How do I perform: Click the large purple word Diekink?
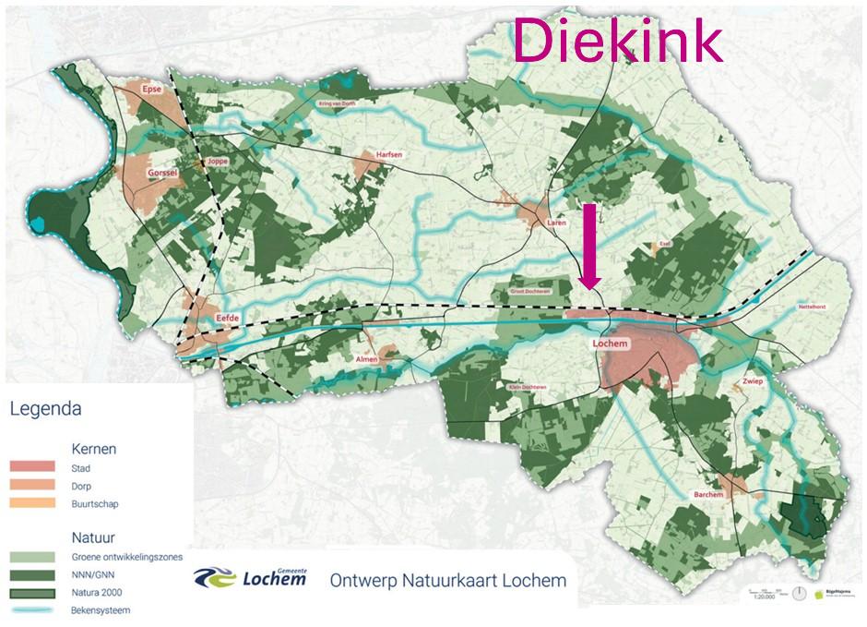[x=617, y=39]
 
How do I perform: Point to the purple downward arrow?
[x=590, y=248]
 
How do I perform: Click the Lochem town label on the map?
[x=610, y=344]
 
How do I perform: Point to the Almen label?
[x=367, y=359]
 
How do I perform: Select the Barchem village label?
[x=707, y=495]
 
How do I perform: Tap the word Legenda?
[x=45, y=408]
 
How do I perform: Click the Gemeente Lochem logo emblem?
[x=215, y=578]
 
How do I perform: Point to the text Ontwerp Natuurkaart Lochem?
[x=448, y=580]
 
